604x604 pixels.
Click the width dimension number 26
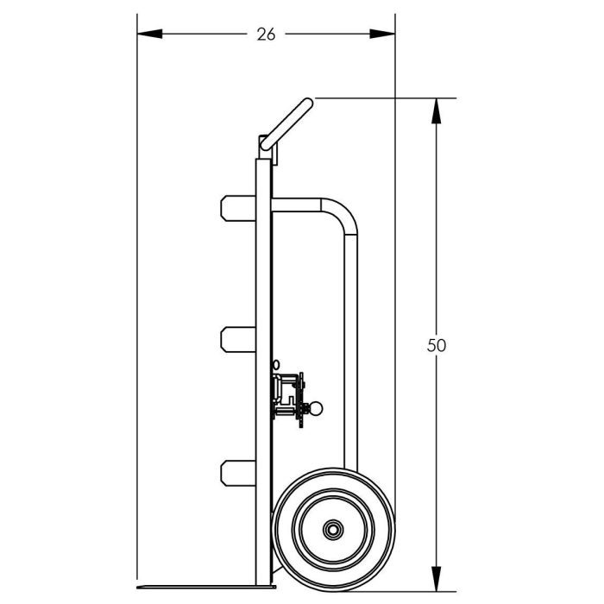[x=266, y=35]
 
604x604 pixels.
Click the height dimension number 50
[x=436, y=345]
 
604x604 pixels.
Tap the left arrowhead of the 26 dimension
[x=150, y=34]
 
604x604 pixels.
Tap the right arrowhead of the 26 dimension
[x=382, y=34]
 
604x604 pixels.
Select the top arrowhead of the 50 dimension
[x=436, y=111]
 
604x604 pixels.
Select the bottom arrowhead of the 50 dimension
[x=436, y=579]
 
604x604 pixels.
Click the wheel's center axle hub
[x=333, y=530]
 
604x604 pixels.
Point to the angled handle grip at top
[x=287, y=124]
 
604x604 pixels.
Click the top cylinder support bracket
[x=238, y=209]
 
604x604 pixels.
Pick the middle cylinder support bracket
[x=238, y=339]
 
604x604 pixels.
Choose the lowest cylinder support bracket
[x=238, y=473]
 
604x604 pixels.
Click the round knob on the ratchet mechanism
[x=316, y=408]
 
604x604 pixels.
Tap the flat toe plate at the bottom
[x=206, y=587]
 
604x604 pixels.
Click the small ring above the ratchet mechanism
[x=276, y=364]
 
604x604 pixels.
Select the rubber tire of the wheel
[x=333, y=530]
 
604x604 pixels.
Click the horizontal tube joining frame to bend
[x=296, y=205]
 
